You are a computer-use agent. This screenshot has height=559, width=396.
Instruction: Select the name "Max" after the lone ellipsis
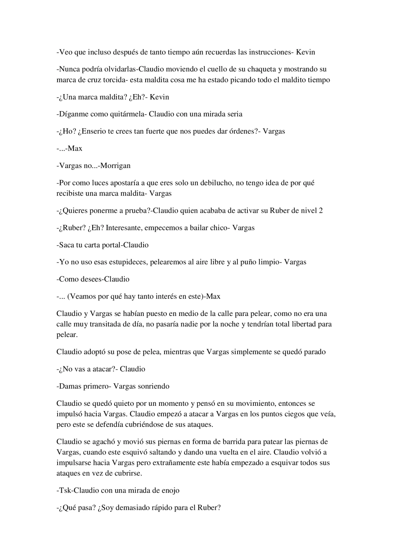coord(75,149)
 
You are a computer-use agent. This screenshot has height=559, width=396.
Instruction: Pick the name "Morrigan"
coord(116,166)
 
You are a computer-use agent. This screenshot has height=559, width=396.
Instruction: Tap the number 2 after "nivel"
coord(321,211)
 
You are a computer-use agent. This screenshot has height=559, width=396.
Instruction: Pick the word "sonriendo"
coord(154,386)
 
